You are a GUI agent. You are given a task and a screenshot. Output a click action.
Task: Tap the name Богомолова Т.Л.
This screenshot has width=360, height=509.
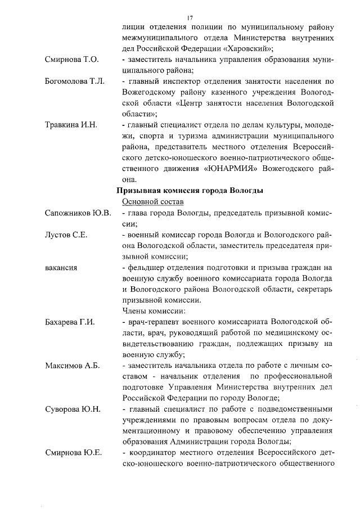coord(75,82)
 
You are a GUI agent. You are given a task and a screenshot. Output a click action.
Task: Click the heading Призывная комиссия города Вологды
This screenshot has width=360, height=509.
coord(190,191)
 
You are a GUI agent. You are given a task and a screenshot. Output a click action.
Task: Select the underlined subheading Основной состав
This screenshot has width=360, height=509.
coord(151,201)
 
